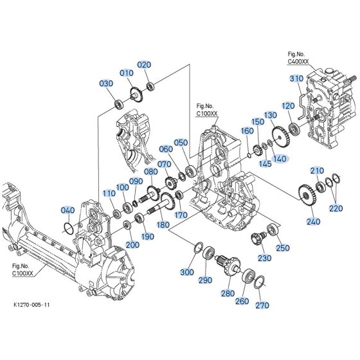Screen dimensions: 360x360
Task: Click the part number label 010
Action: pos(127,73)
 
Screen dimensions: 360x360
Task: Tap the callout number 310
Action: pos(296,78)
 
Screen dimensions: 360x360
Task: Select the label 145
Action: pos(265,164)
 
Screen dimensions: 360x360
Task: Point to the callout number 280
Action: pos(228,293)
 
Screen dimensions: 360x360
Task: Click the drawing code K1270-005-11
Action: pos(32,305)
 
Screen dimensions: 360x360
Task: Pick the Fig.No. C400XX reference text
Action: pos(298,58)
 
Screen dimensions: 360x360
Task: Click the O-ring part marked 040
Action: pos(69,228)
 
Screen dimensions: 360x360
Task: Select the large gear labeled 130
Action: pos(280,137)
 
